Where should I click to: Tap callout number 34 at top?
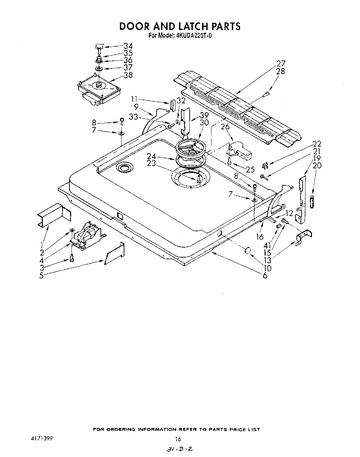(128, 46)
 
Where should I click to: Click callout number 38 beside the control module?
(128, 75)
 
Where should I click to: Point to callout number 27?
(281, 64)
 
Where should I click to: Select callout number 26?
(225, 127)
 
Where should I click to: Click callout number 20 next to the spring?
(317, 165)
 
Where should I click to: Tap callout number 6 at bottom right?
(265, 276)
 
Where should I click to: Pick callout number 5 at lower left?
(41, 276)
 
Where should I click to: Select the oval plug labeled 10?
(248, 251)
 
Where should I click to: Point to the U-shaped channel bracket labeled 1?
(54, 215)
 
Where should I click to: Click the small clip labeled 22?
(265, 166)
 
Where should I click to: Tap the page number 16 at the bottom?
(178, 439)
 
